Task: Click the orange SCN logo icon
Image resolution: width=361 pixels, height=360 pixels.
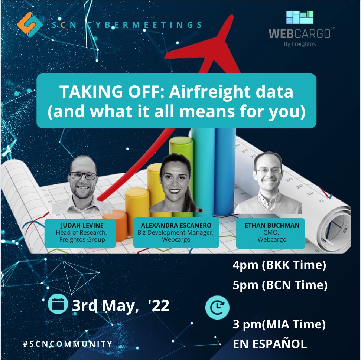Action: coord(30,24)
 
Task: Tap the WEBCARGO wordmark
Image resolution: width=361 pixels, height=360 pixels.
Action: coord(300,34)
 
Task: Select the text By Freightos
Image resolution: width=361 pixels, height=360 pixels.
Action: coord(300,44)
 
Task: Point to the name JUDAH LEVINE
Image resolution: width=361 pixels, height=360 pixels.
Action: coord(82,225)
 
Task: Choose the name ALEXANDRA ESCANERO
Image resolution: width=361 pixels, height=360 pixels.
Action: coord(176,225)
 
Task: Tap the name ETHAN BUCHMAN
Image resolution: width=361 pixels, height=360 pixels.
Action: coord(272,225)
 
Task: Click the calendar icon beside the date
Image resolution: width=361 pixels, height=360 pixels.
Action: coord(58,304)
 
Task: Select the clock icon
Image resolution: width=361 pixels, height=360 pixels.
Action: coord(217,308)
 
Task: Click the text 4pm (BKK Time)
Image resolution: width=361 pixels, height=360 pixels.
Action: coord(279,265)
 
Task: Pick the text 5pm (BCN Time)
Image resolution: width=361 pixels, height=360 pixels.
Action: coord(280,285)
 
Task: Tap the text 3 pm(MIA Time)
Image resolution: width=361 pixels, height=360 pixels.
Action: coord(279,324)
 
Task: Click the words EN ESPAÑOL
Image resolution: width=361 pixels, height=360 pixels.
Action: coord(270,344)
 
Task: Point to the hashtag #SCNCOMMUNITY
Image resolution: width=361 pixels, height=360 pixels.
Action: coord(68,344)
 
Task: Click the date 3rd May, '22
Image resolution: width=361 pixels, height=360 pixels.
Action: coord(121,306)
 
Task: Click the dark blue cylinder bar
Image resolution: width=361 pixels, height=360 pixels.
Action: coord(225,171)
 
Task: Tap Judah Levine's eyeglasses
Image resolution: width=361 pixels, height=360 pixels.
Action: coord(83,176)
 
